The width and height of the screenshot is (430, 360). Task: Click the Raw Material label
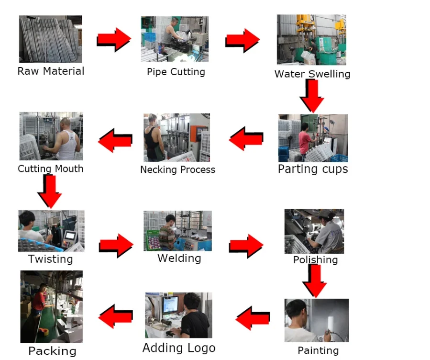[x=51, y=71]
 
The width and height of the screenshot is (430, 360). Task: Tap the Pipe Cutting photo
[x=175, y=39]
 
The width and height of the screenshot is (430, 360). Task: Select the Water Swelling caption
[x=312, y=74]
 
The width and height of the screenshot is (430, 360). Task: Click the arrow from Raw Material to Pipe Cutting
[x=113, y=39]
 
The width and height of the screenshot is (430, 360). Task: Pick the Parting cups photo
[x=313, y=138]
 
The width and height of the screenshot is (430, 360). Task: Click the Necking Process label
[x=177, y=169]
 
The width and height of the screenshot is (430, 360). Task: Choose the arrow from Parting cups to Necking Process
[x=246, y=138]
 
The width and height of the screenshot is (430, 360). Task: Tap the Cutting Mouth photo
[x=51, y=136]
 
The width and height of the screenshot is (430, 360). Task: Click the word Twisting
[x=50, y=259]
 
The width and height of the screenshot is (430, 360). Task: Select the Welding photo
[x=177, y=231]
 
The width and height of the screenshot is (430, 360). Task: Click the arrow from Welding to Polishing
[x=246, y=246]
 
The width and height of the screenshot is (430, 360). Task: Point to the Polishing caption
[x=315, y=260]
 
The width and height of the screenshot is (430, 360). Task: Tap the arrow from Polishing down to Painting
[x=315, y=281]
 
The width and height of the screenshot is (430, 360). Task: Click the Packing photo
[x=51, y=306]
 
